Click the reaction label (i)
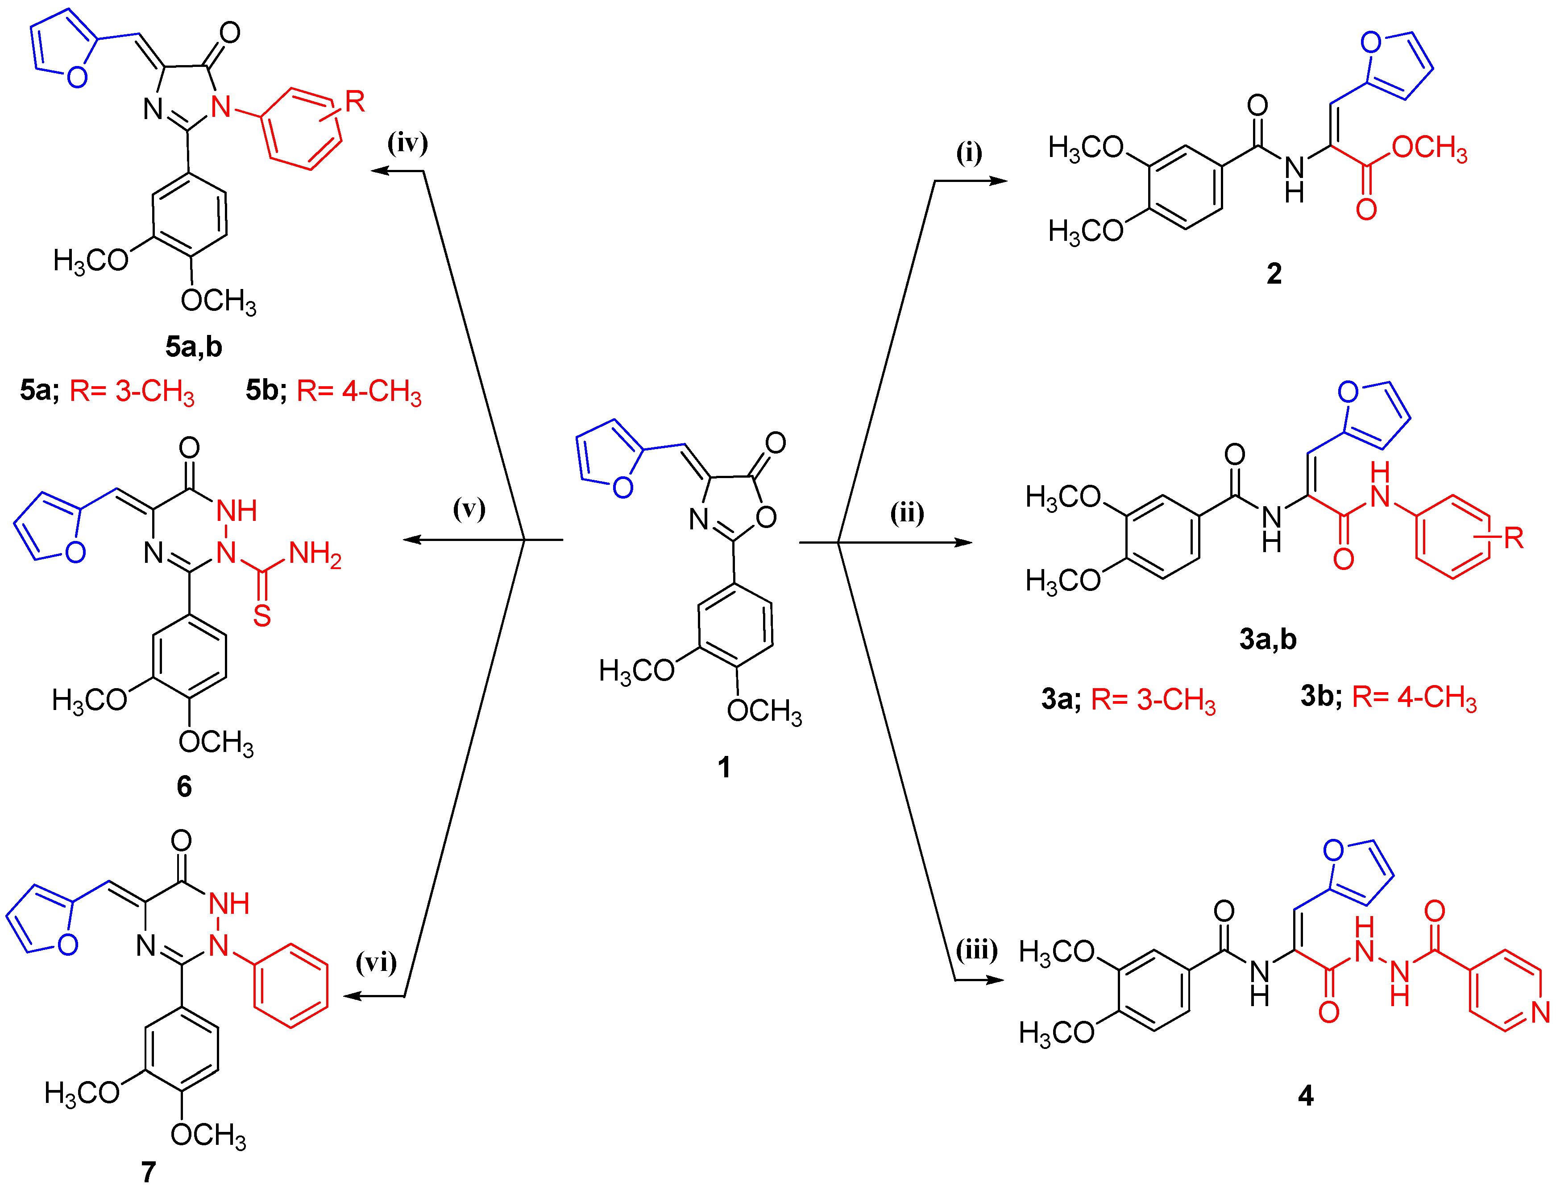[x=968, y=152]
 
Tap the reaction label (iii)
[x=976, y=949]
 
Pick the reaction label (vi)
[x=376, y=962]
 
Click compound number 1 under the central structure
[x=723, y=767]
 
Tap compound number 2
[x=1274, y=273]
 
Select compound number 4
[x=1305, y=1096]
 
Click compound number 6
[x=184, y=786]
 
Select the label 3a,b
[x=1268, y=639]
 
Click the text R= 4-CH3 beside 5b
[x=359, y=391]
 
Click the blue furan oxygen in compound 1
[x=622, y=487]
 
